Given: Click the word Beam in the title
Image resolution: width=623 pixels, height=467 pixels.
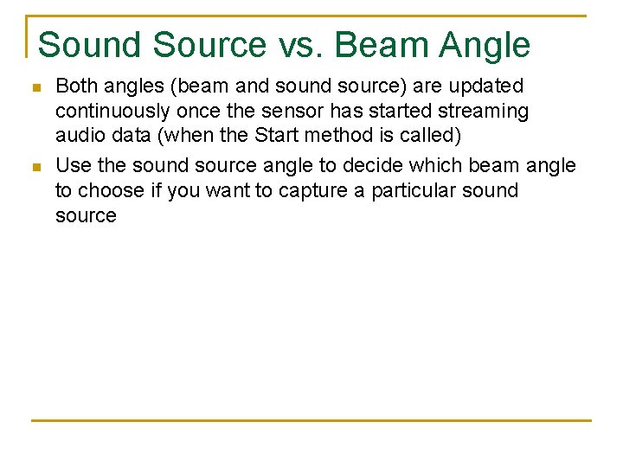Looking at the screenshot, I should click(x=378, y=44).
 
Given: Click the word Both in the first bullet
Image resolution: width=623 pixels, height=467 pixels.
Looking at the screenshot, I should click(x=75, y=86).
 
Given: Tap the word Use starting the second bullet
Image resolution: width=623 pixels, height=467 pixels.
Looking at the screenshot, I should click(x=72, y=164).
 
